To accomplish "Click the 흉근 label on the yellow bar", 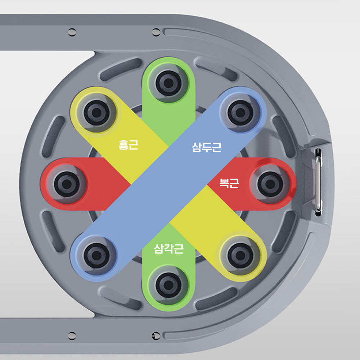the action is coord(129,145).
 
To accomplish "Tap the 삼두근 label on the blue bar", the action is coord(207,147).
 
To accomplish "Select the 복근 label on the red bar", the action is coord(229,184).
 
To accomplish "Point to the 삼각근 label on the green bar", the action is coord(169,249).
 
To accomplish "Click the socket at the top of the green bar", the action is coord(169,83).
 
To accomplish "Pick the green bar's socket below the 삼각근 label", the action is coord(169,285).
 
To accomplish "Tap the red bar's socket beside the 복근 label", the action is coord(270,184).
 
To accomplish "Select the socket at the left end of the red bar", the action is coord(67,184).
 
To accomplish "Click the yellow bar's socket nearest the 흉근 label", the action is coord(96,112).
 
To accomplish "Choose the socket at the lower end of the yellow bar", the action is coord(240,256).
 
